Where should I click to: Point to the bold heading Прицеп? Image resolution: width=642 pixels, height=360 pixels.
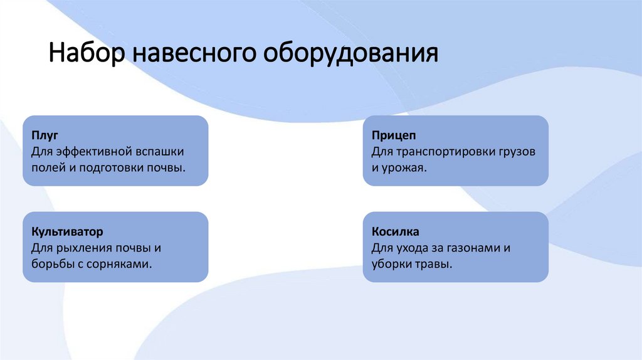click(x=393, y=135)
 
